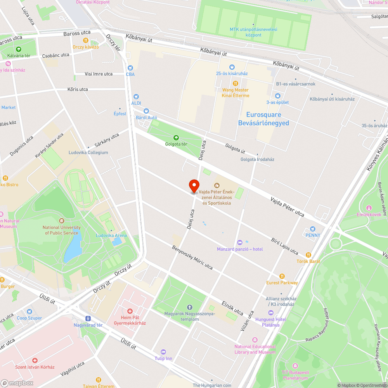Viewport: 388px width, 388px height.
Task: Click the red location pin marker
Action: click(x=194, y=186)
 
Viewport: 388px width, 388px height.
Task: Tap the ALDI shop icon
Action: click(x=136, y=97)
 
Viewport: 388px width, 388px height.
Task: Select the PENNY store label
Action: click(x=313, y=235)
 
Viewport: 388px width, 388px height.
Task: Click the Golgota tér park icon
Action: click(x=176, y=137)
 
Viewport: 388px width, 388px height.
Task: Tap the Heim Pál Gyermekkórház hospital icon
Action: click(x=130, y=311)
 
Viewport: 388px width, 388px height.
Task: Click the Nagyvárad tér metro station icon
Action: click(x=88, y=318)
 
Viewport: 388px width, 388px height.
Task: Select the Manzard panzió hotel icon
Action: click(x=239, y=242)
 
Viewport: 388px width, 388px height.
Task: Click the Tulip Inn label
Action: click(x=163, y=358)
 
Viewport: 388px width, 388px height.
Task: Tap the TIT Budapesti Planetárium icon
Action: click(x=295, y=365)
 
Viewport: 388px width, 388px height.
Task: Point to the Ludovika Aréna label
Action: click(x=111, y=236)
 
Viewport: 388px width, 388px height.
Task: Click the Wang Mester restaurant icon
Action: click(x=235, y=83)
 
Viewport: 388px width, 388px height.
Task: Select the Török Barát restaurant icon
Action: click(x=308, y=255)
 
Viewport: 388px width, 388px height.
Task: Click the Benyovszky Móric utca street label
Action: click(x=192, y=257)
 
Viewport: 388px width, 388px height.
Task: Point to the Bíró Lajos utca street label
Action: click(x=285, y=246)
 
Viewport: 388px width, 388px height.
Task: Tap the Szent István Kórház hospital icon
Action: click(x=35, y=360)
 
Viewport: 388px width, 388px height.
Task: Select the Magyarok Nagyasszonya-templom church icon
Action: click(x=189, y=307)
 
